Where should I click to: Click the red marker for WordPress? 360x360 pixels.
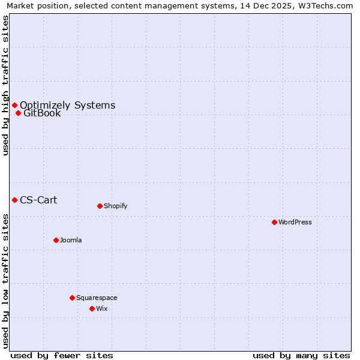[x=274, y=222]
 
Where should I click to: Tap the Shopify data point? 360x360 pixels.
[x=100, y=206]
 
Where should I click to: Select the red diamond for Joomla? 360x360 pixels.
[x=56, y=240]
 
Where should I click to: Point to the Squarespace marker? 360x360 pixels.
[x=72, y=298]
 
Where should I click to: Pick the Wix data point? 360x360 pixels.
[x=92, y=308]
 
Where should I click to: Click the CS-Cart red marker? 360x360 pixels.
[x=14, y=200]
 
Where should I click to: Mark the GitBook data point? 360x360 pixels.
[x=18, y=113]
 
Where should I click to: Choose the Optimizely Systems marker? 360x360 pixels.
[x=14, y=106]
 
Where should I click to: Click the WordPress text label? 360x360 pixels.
[x=295, y=222]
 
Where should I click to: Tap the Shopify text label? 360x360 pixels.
[x=116, y=206]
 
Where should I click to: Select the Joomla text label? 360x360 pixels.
[x=71, y=240]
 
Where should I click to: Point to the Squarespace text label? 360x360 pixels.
[x=97, y=298]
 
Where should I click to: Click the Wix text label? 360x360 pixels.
[x=102, y=308]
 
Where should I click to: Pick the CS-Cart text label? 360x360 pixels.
[x=38, y=200]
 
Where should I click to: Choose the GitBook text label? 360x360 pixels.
[x=42, y=113]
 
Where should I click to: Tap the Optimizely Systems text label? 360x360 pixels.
[x=67, y=106]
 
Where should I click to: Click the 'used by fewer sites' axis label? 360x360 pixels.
[x=62, y=355]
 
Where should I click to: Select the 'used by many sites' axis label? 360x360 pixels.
[x=301, y=355]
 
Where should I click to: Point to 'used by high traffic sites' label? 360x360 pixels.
[x=5, y=85]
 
